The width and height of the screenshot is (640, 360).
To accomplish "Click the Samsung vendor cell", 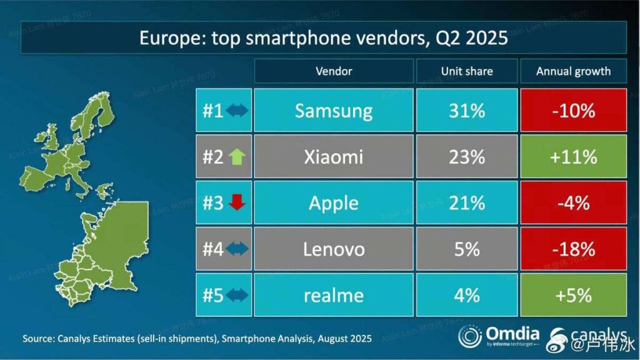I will [x=334, y=111].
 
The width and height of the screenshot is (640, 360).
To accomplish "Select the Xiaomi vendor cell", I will [x=334, y=157].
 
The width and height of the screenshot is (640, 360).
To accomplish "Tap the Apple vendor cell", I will [x=334, y=203].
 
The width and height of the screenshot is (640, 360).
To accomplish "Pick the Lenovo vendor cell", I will [x=334, y=249].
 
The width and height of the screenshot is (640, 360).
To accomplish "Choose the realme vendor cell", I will [x=334, y=295].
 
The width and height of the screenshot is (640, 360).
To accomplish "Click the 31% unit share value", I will [x=466, y=111].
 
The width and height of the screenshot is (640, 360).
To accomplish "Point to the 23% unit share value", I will [x=466, y=157].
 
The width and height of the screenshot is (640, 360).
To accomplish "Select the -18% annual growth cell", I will [x=573, y=249].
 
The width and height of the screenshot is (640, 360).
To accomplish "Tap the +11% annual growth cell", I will [x=573, y=157].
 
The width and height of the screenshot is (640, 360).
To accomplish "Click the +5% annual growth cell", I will [x=573, y=295].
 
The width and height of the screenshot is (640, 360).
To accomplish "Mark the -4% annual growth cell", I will [x=573, y=203].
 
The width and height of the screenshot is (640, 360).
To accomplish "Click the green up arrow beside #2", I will [x=238, y=157].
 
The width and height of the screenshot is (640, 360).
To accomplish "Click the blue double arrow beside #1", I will [x=237, y=111].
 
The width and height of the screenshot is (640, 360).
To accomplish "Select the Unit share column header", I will [x=466, y=71].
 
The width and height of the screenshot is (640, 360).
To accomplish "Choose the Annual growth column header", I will [x=573, y=71].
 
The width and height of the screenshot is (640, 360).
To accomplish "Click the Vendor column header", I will [x=334, y=71].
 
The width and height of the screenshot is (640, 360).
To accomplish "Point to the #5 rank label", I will [x=213, y=295].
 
